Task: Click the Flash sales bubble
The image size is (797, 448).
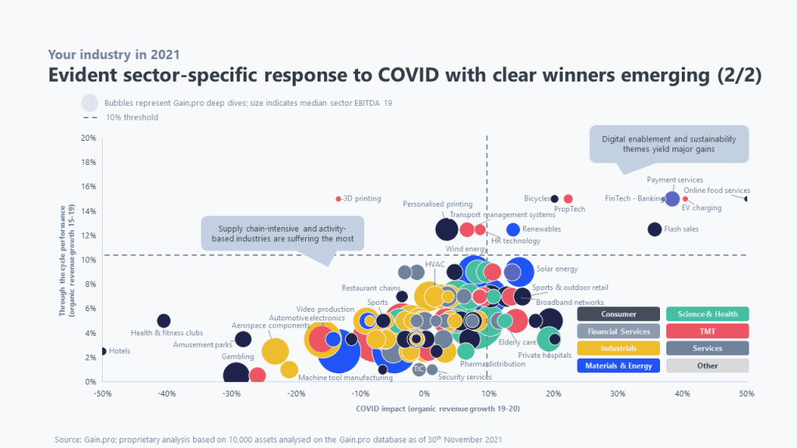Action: (655, 229)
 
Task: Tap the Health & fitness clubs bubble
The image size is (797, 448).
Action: (163, 320)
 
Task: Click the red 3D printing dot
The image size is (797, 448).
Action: (338, 199)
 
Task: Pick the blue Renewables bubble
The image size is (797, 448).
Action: (513, 229)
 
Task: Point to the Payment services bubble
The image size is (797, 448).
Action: (672, 198)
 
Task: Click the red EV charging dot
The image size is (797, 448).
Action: (685, 199)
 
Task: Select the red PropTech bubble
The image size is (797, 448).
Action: (568, 199)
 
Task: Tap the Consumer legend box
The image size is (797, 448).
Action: (618, 314)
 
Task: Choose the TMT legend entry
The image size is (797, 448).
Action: (707, 331)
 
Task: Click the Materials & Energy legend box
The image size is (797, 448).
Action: (618, 366)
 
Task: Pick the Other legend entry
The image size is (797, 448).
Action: (707, 366)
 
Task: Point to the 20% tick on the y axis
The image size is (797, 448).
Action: (90, 138)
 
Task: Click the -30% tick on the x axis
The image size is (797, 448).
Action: (230, 394)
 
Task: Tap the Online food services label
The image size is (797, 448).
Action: (717, 191)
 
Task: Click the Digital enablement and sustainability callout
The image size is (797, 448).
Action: (669, 144)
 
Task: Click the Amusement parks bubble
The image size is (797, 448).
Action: (243, 339)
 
